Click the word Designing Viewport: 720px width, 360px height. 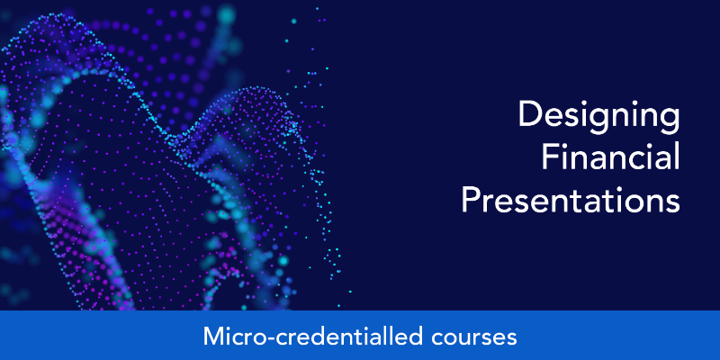click(x=598, y=117)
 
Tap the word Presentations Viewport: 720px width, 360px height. click(x=571, y=202)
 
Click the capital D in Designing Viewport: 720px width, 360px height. click(x=529, y=114)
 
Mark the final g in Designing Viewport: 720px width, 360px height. click(x=670, y=121)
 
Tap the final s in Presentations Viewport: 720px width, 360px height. click(x=672, y=205)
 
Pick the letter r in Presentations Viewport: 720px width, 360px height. click(x=489, y=204)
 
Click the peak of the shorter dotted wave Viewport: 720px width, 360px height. click(x=250, y=88)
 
